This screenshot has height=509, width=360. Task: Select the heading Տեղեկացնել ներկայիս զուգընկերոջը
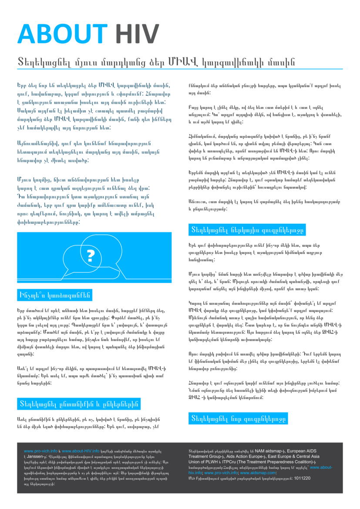click(x=247, y=229)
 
